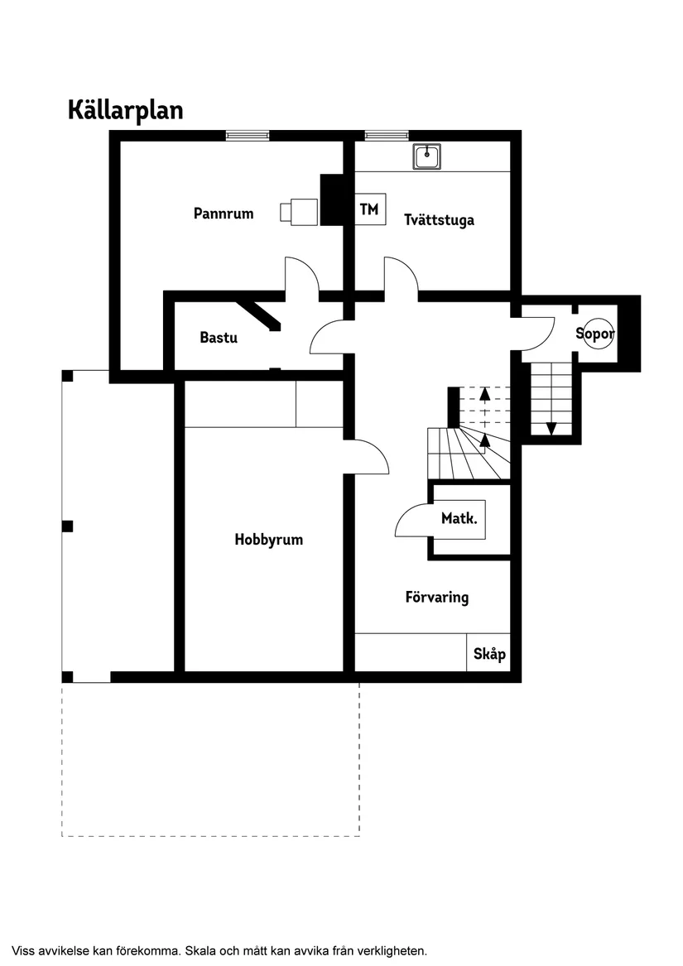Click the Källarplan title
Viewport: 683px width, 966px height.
[125, 111]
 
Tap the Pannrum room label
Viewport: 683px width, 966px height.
[224, 214]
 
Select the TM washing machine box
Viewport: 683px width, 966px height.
[369, 209]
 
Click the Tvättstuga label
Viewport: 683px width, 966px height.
[439, 220]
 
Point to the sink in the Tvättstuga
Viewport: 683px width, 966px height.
[427, 156]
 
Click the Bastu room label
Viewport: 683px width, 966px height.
[219, 338]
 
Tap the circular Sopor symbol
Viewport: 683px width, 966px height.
[595, 334]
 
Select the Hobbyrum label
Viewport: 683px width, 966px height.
[268, 540]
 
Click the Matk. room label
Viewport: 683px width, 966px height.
[459, 520]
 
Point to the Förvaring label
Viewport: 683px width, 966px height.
[436, 597]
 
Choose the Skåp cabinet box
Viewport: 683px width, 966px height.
[488, 654]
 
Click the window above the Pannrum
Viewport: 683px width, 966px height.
[248, 136]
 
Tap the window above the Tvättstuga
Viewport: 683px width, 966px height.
[387, 136]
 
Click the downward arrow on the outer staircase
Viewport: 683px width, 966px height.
[551, 428]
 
